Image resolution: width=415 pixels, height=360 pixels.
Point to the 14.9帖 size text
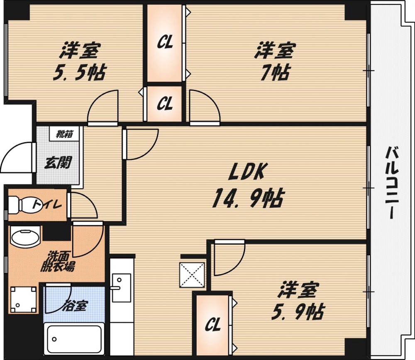(x=247, y=198)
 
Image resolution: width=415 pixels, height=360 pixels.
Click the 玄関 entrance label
(x=57, y=162)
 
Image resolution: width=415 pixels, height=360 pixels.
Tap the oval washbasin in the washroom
(x=25, y=237)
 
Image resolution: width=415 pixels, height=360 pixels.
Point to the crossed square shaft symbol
(x=193, y=274)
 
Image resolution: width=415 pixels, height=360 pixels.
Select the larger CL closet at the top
(x=165, y=43)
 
